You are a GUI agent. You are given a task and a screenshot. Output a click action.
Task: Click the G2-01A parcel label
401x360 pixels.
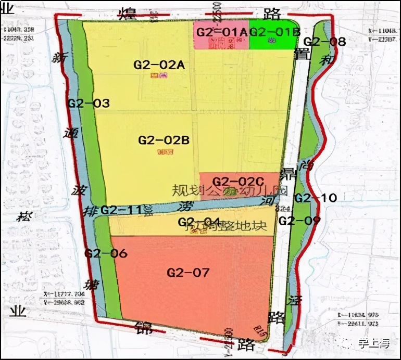tap(221, 32)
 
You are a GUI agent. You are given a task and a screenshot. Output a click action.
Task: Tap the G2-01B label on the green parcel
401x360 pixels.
tap(274, 32)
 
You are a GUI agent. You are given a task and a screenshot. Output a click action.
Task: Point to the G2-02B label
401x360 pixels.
tap(163, 140)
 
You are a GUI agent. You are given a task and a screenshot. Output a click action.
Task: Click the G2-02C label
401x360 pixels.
tap(240, 182)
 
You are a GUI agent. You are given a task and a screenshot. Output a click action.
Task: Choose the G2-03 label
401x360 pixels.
tap(89, 104)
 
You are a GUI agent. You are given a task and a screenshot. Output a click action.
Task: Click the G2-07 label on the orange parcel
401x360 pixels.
tap(188, 272)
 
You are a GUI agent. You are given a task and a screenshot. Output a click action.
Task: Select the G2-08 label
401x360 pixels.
tap(324, 42)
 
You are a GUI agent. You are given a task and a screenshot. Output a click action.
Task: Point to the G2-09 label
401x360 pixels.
tap(299, 221)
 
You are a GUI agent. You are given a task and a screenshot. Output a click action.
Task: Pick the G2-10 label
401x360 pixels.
tap(316, 198)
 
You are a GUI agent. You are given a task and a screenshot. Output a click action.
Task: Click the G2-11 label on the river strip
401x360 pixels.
tap(121, 210)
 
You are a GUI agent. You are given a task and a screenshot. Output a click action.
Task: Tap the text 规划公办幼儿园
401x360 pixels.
tap(230, 190)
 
